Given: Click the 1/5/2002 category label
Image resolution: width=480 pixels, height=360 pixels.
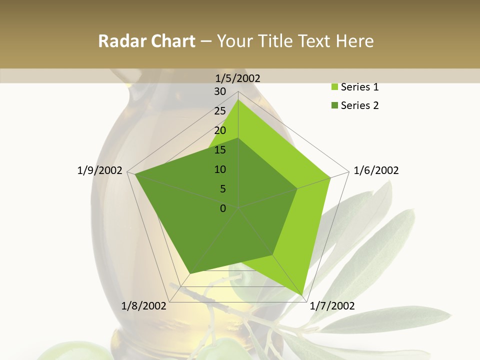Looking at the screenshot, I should [238, 78].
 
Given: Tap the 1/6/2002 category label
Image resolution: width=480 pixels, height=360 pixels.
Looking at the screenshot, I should [376, 170].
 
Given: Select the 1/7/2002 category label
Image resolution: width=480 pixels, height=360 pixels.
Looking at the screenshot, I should [332, 306].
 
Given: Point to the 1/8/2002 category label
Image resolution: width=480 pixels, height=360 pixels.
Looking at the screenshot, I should [144, 306].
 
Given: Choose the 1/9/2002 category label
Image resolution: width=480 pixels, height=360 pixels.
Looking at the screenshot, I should [100, 170].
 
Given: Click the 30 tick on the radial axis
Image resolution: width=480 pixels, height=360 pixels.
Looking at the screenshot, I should [220, 91].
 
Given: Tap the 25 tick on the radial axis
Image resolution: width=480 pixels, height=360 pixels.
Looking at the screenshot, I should [220, 111].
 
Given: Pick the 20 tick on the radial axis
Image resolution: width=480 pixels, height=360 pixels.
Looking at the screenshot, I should [220, 130].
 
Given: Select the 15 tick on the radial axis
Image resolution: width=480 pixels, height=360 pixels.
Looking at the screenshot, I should [220, 150].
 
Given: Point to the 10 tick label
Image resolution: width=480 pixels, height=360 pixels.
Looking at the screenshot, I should [220, 169].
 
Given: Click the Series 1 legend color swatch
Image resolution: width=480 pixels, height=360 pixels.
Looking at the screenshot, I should [334, 87].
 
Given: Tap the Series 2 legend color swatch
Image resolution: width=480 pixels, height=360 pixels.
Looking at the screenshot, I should [334, 105].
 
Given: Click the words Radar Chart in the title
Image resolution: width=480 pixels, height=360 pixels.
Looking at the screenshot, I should [146, 41].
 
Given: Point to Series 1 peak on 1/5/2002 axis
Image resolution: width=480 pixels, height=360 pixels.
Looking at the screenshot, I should [238, 99].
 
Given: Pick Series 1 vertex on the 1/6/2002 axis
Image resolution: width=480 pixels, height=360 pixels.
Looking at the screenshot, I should [330, 178].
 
